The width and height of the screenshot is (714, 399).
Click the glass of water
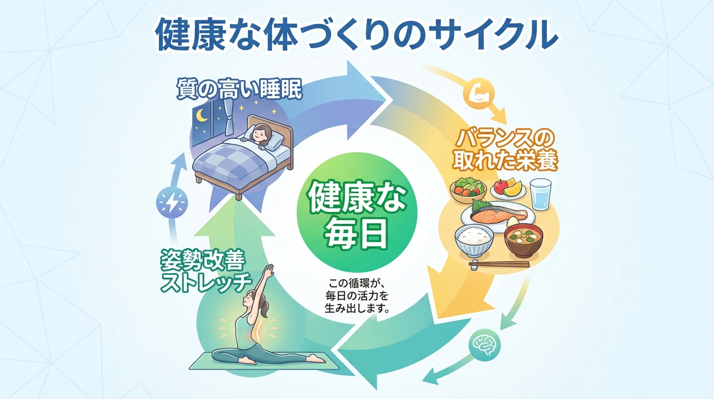[541, 194]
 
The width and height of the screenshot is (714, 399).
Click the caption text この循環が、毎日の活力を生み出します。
[359, 296]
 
